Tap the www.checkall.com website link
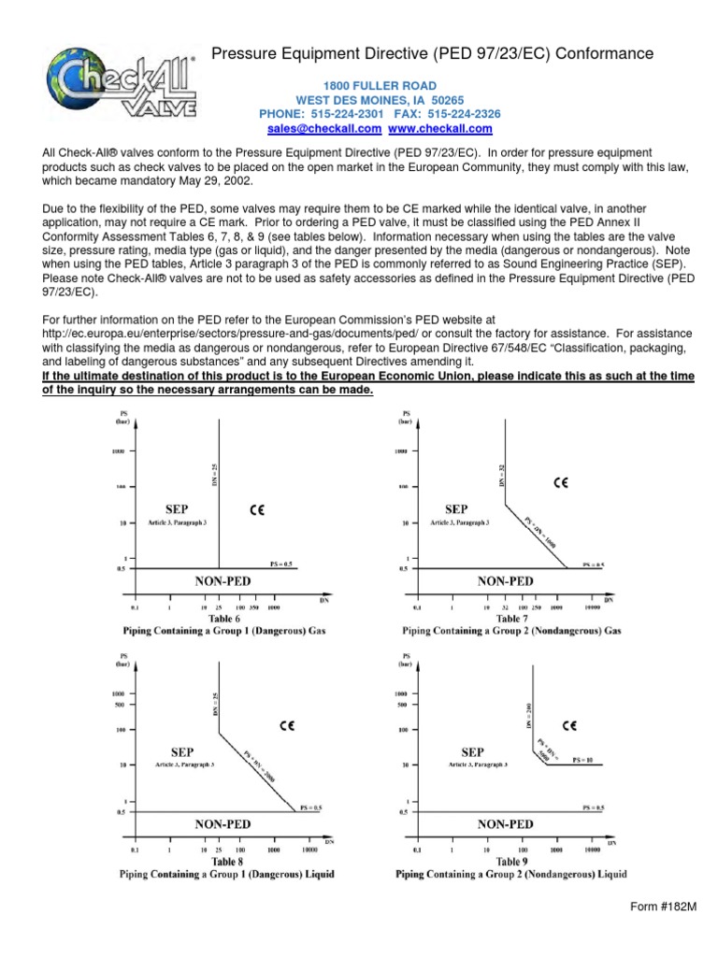[440, 128]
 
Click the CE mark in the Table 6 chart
[259, 509]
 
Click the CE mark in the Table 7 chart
[561, 483]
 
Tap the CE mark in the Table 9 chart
[568, 724]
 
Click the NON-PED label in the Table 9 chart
[506, 824]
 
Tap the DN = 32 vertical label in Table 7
[502, 475]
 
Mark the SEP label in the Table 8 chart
[183, 750]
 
